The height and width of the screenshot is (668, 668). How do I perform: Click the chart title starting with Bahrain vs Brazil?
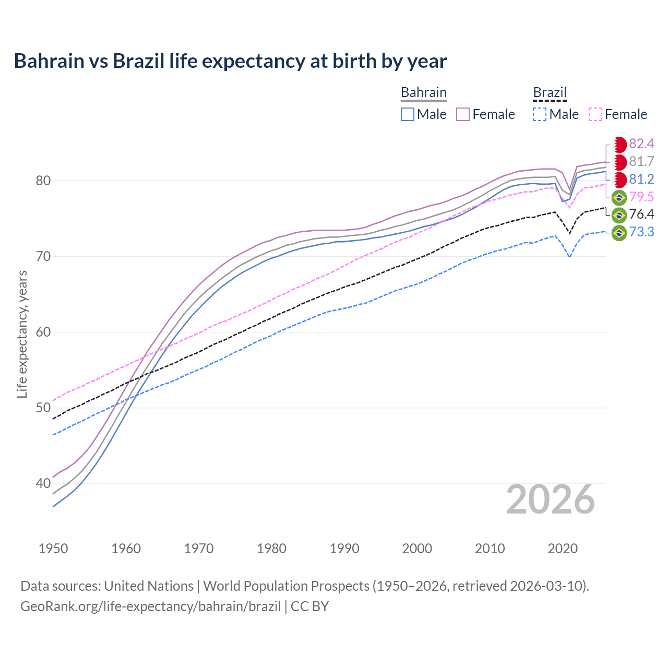point(230,61)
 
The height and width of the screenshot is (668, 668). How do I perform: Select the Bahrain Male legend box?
point(408,114)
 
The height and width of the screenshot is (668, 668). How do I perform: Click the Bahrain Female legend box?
point(463,114)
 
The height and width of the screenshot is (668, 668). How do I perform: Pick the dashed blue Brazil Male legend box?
point(540,114)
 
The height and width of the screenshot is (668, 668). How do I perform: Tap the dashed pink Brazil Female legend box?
point(595,114)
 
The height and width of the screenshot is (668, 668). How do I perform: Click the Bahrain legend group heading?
point(423,93)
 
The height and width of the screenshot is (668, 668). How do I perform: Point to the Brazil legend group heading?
point(550,93)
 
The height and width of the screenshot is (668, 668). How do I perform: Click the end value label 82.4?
point(641,144)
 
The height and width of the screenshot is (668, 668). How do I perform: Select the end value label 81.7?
point(641,162)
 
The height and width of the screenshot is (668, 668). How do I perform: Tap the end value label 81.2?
point(641,180)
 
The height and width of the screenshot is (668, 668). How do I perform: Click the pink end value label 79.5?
point(641,197)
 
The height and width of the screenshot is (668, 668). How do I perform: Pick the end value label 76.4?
point(641,214)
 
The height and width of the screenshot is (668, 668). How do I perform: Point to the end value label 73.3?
point(641,232)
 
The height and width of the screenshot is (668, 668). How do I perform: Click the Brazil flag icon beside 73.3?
point(619,233)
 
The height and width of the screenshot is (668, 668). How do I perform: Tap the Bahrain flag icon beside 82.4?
point(619,145)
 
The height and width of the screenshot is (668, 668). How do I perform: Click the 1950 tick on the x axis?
point(53,548)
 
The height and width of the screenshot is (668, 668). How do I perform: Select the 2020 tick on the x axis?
point(563,548)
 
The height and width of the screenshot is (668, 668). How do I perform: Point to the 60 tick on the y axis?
point(43,332)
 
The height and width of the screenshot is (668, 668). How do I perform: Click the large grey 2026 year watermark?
point(550,500)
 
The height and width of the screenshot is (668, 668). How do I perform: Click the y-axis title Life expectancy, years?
point(22,334)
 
